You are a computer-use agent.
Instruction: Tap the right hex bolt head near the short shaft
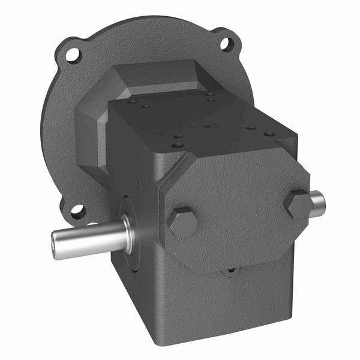[x=298, y=204]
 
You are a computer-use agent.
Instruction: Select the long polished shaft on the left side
[x=90, y=237]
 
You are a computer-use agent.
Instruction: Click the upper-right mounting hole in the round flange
[x=226, y=43]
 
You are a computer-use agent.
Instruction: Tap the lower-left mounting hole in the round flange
[x=77, y=211]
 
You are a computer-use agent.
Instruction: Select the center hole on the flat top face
[x=206, y=126]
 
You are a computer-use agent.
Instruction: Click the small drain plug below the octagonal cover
[x=230, y=271]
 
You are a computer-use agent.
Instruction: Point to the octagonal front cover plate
[x=240, y=204]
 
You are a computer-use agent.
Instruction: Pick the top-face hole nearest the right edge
[x=270, y=134]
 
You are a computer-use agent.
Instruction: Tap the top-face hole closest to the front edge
[x=178, y=145]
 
